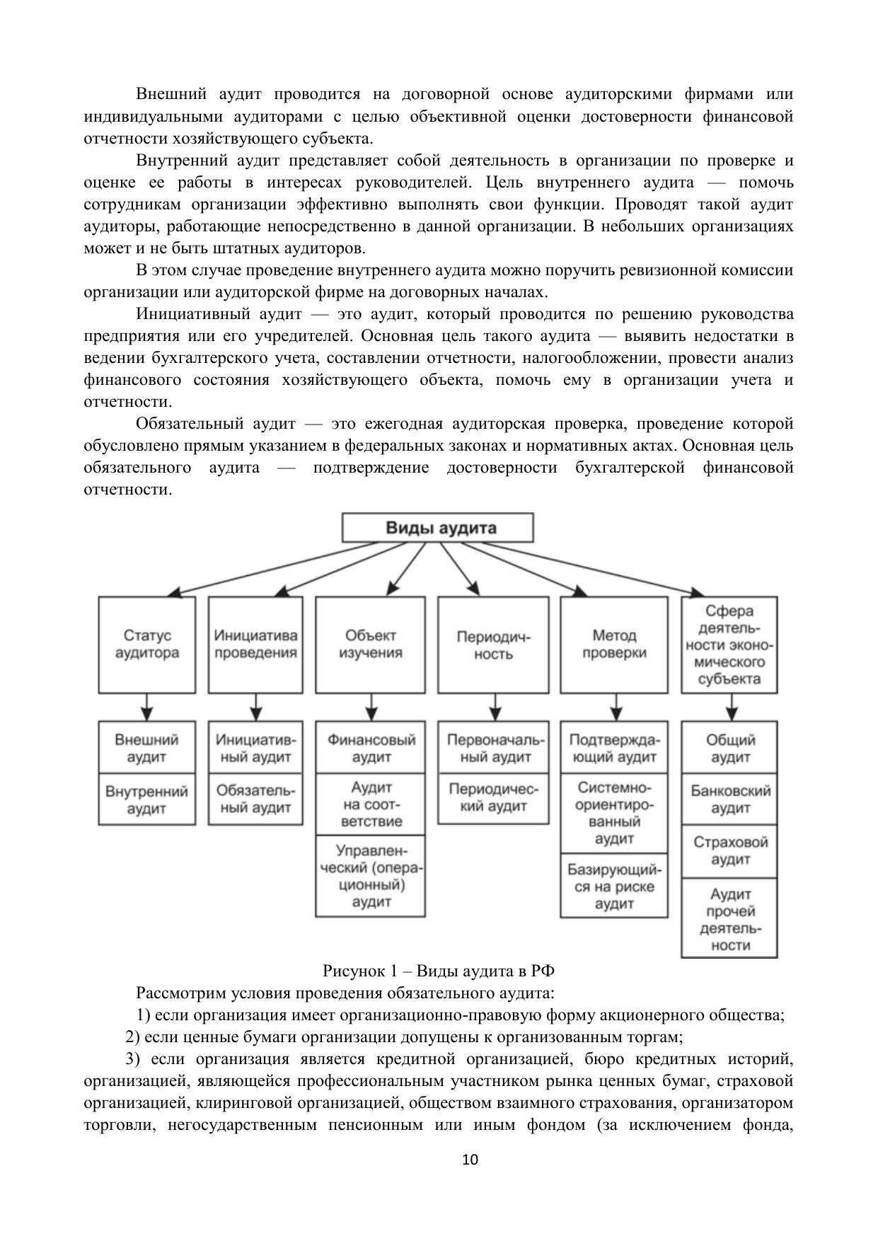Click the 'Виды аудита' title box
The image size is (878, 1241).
(437, 528)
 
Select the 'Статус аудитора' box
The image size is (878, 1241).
(146, 645)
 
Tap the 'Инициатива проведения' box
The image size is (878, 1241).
(255, 645)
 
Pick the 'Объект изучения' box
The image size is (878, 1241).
(370, 645)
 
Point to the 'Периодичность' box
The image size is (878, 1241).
(493, 645)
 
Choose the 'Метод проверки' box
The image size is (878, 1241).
(614, 645)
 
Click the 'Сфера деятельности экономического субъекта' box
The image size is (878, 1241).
(729, 645)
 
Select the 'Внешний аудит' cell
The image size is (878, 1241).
(146, 748)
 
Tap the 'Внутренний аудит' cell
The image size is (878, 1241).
(146, 800)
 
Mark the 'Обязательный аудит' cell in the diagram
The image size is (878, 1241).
(255, 800)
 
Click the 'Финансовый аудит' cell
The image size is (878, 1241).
(371, 748)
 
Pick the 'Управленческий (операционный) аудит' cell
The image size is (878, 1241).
(371, 876)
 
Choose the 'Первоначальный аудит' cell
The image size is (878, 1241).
(494, 748)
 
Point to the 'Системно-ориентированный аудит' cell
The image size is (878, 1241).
(614, 813)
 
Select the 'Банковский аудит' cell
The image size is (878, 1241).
(729, 800)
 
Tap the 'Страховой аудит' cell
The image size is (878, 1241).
(729, 851)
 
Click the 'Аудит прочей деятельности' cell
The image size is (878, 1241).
(729, 919)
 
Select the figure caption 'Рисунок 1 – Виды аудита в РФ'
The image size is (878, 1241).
(439, 971)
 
